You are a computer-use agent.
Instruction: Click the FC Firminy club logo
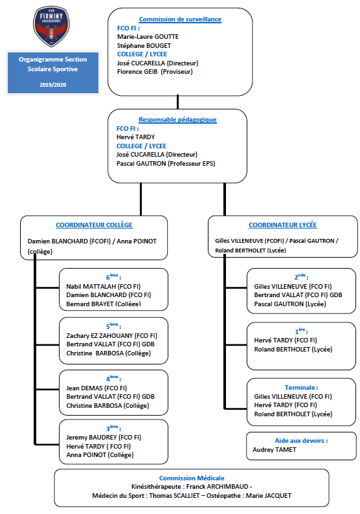click(52, 27)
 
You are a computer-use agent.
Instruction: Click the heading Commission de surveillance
click(180, 19)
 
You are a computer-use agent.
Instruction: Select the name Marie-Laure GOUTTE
click(148, 37)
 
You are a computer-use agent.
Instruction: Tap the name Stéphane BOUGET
click(144, 45)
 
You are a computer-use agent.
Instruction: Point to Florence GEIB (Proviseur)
click(155, 71)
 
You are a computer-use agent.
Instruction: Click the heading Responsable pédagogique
click(177, 120)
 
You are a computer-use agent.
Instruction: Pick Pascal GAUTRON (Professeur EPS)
click(166, 163)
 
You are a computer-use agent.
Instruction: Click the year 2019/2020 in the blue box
click(53, 85)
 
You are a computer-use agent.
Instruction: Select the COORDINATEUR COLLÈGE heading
click(94, 225)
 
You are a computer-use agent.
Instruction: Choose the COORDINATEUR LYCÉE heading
click(282, 225)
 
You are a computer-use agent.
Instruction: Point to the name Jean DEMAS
click(84, 388)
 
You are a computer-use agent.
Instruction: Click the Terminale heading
click(301, 388)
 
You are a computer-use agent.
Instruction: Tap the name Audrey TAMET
click(274, 450)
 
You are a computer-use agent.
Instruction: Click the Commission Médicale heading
click(192, 478)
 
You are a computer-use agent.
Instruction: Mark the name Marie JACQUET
click(269, 496)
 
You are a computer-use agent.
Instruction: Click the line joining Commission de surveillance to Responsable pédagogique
click(177, 102)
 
